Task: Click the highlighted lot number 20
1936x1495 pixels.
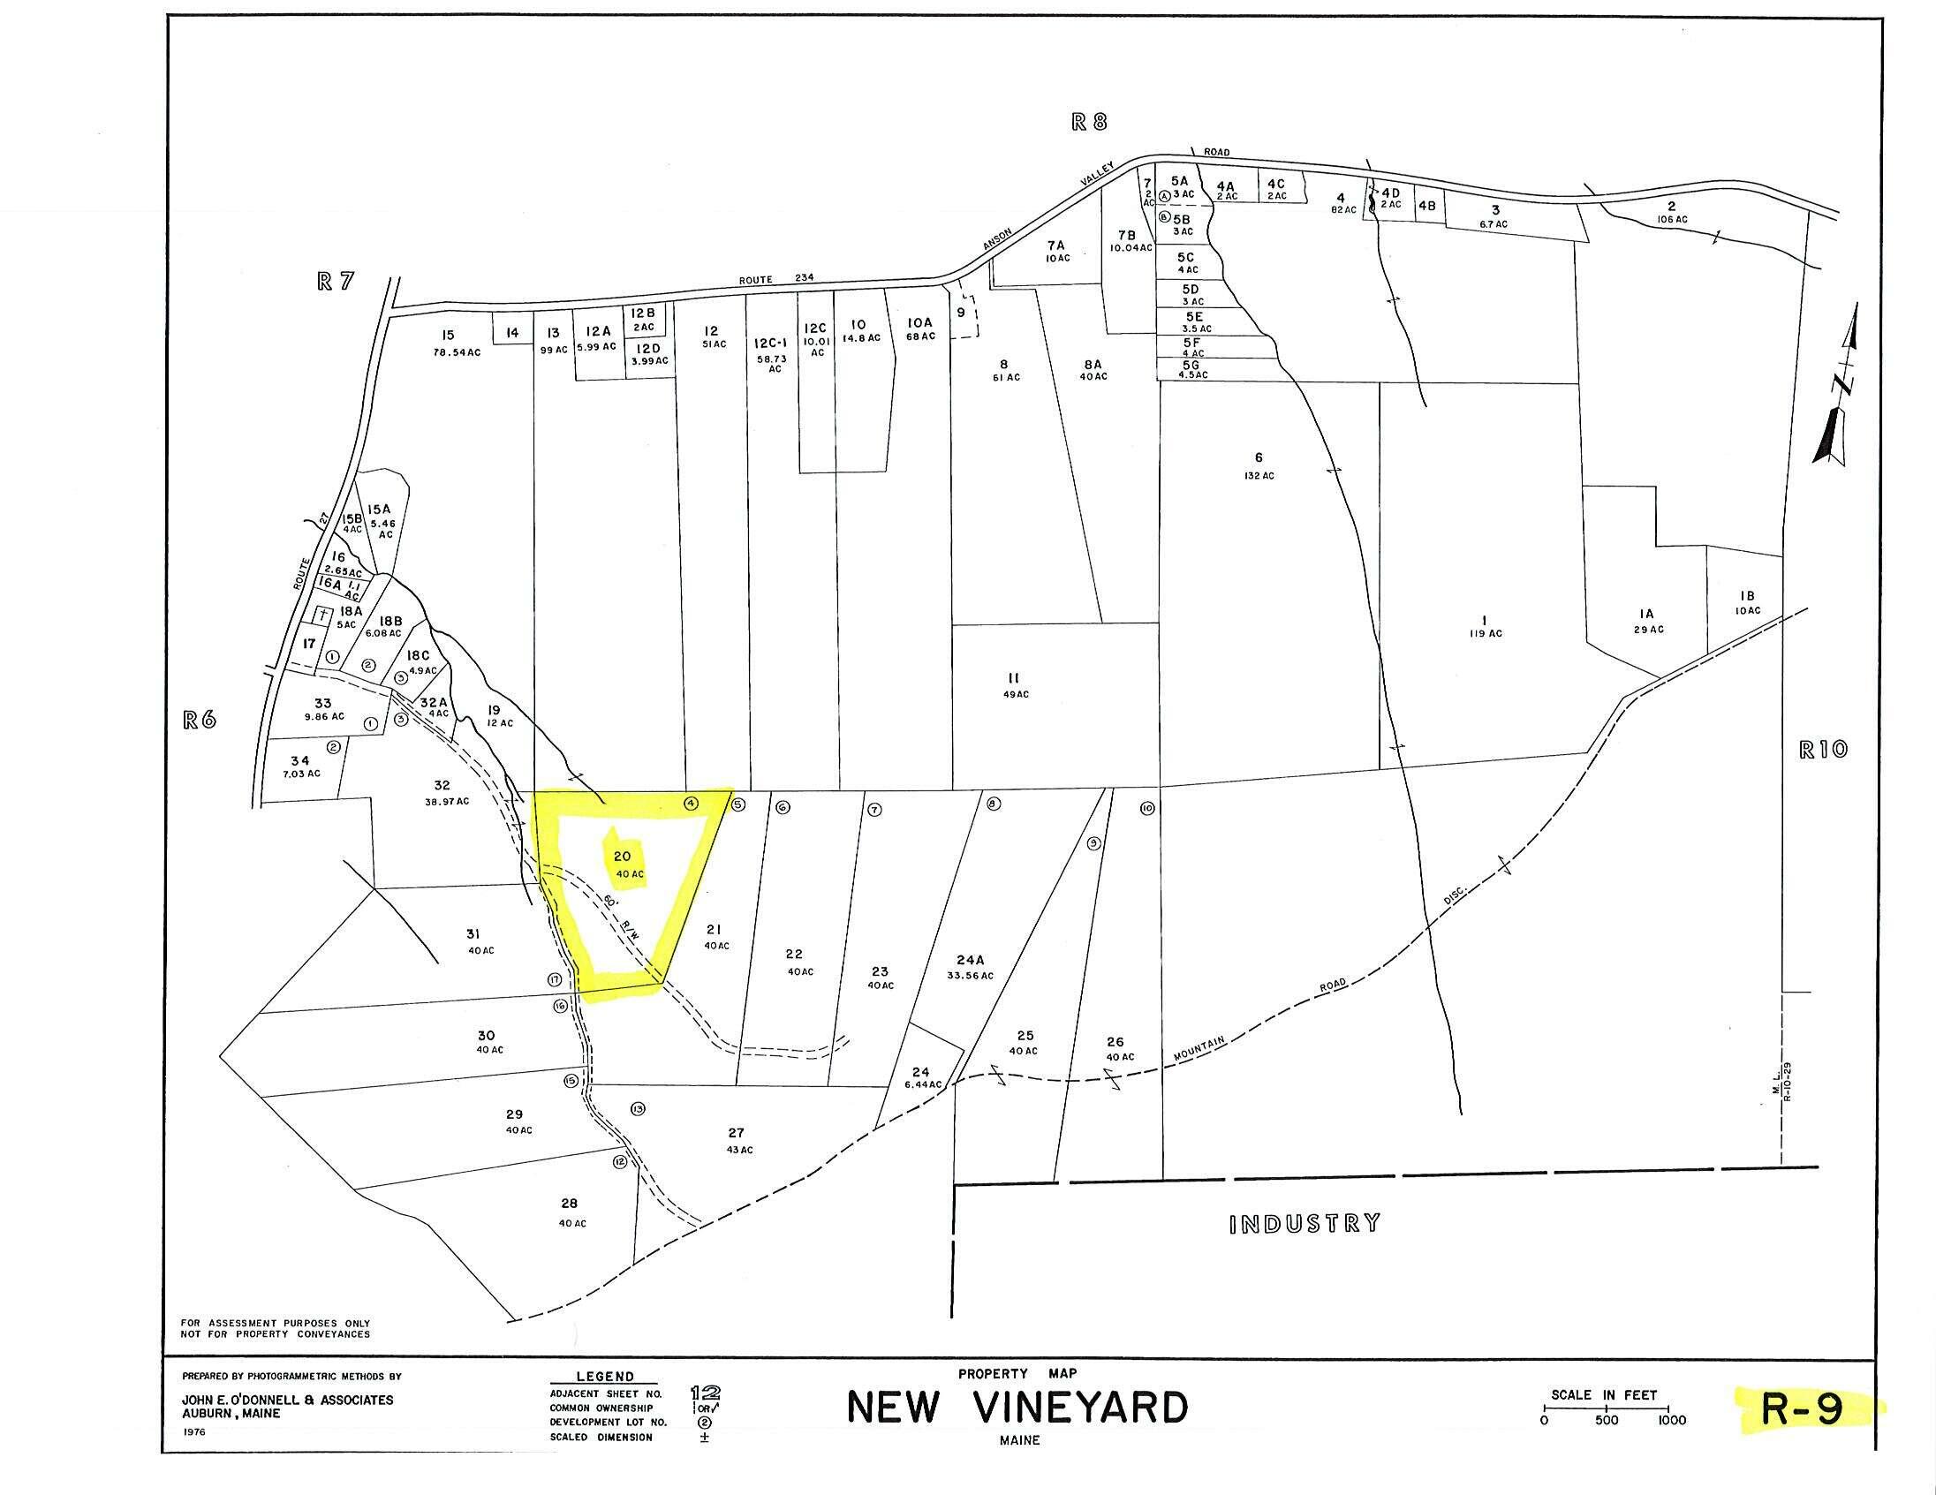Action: click(x=623, y=856)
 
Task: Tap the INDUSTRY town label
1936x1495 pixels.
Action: click(x=1305, y=1224)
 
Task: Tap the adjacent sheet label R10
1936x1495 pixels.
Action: click(x=1823, y=749)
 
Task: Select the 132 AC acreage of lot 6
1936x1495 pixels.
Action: click(x=1258, y=476)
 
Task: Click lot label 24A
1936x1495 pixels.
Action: click(x=970, y=959)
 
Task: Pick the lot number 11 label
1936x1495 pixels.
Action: click(x=1014, y=677)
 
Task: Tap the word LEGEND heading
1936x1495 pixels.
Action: click(x=606, y=1377)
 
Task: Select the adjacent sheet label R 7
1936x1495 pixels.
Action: click(x=335, y=281)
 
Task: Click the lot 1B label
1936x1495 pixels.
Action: click(x=1747, y=596)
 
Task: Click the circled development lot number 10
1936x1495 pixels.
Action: click(x=1147, y=808)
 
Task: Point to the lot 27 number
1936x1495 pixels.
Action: click(x=736, y=1133)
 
